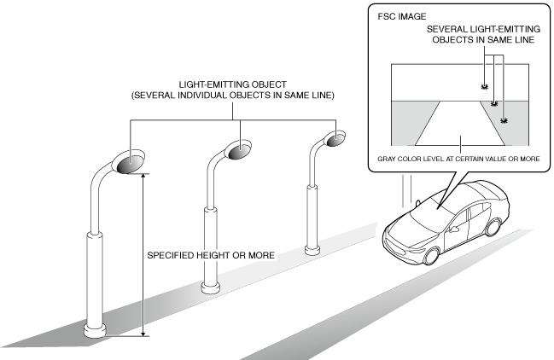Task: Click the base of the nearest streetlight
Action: pyautogui.click(x=95, y=329)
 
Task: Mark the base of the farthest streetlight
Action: pyautogui.click(x=312, y=249)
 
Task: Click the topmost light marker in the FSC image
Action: pyautogui.click(x=484, y=88)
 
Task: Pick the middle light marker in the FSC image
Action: pyautogui.click(x=494, y=104)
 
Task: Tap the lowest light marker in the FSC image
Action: pyautogui.click(x=504, y=121)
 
